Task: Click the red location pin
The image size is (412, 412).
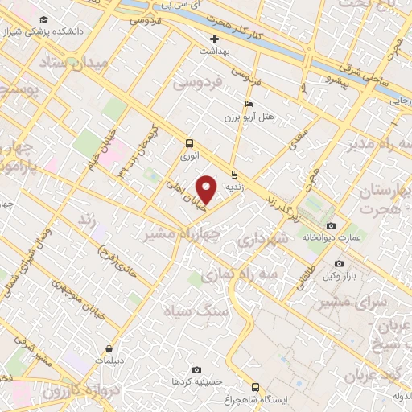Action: point(207,190)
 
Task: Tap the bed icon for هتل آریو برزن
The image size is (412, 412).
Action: point(249,105)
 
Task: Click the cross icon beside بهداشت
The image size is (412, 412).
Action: point(214,39)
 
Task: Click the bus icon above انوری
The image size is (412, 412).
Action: point(189,143)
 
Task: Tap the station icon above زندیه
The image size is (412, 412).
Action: point(234,174)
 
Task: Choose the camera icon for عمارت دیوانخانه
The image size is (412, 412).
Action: point(332,225)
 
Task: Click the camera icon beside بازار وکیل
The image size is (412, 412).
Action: point(339,263)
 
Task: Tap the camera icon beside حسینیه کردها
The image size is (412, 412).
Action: point(175,369)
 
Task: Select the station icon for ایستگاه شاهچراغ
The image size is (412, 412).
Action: point(255,386)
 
